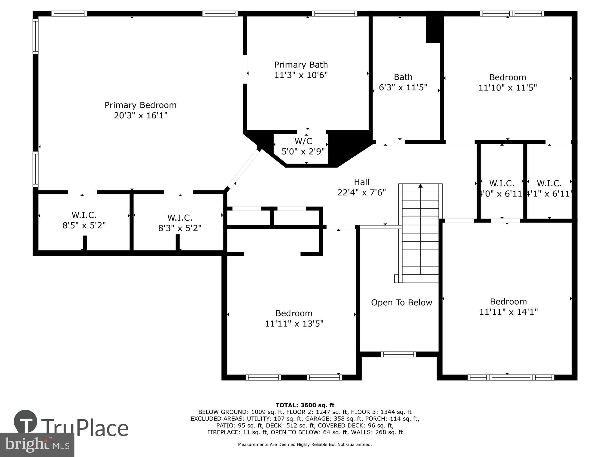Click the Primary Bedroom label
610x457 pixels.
click(141, 105)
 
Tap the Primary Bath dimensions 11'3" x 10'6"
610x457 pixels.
click(301, 75)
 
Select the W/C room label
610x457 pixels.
click(303, 141)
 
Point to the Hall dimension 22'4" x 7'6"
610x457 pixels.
click(361, 193)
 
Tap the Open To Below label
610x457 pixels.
click(401, 303)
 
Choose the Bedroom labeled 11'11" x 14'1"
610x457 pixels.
click(508, 306)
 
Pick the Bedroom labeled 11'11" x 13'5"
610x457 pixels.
click(294, 318)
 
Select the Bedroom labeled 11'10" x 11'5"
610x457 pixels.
click(508, 82)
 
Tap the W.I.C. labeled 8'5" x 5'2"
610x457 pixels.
click(84, 220)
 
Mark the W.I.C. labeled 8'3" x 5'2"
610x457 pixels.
click(180, 223)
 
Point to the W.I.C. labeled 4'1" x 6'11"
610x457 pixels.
click(549, 188)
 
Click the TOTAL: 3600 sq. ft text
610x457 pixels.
click(305, 405)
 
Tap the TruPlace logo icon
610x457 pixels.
click(26, 422)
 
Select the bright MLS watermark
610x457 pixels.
click(37, 445)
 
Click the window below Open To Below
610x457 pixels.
click(398, 354)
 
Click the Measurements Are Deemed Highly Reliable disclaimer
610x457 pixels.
click(305, 445)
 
